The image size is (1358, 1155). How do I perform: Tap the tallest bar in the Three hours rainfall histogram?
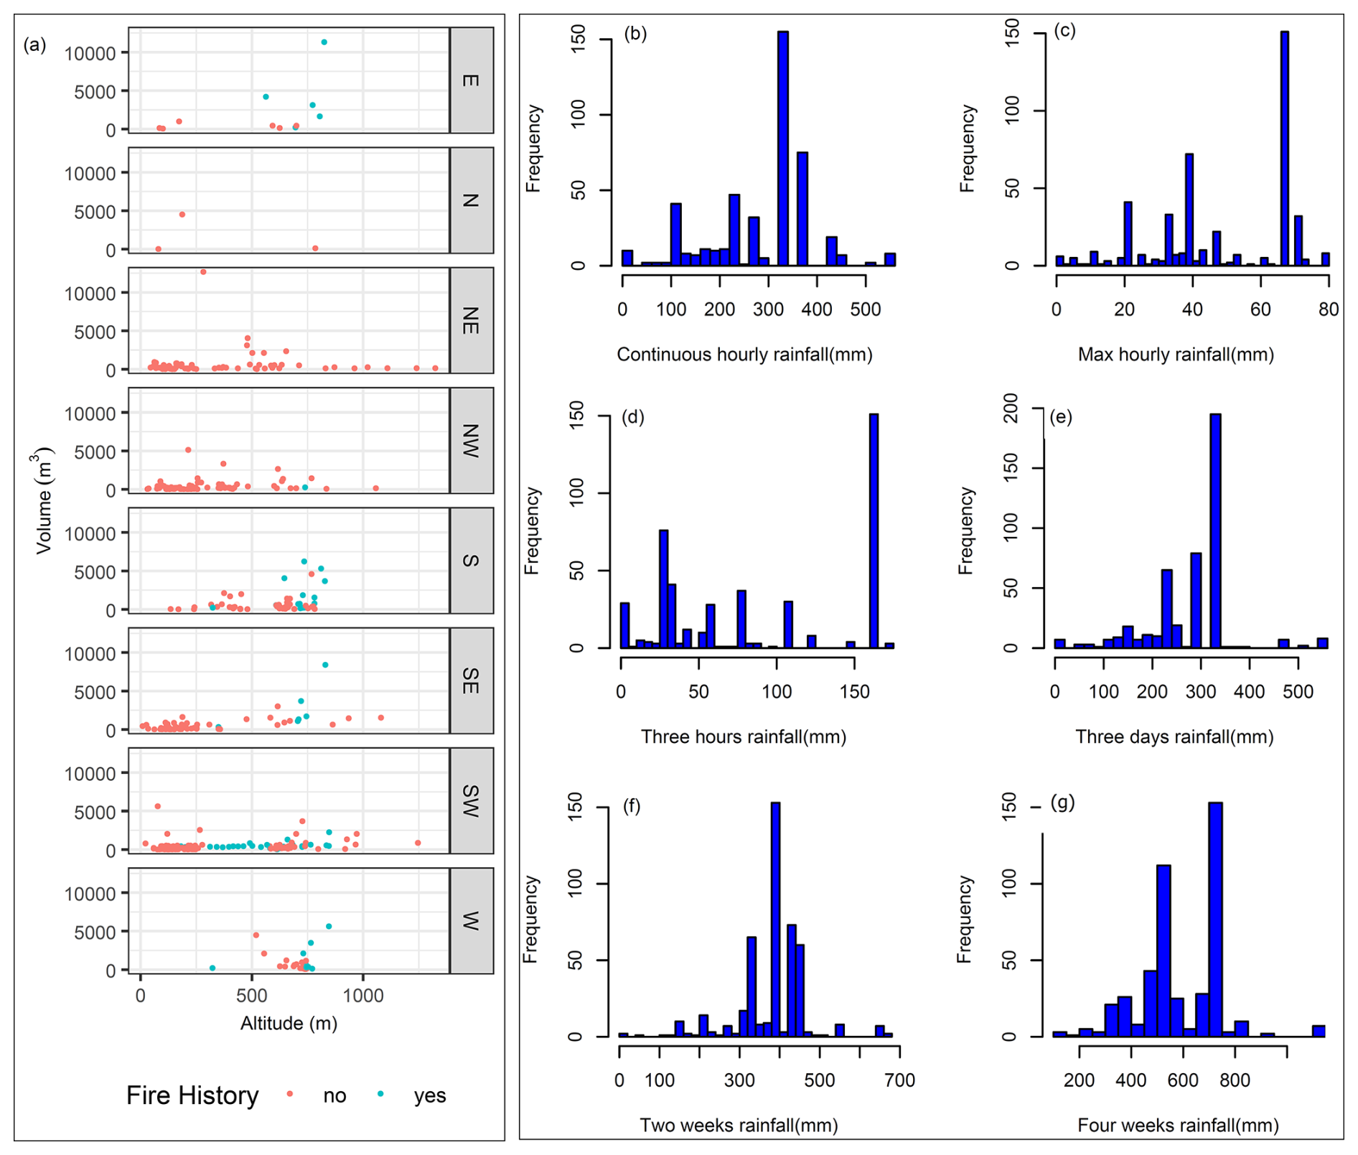[x=874, y=531]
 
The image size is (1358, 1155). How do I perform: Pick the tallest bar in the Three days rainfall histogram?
[x=1215, y=531]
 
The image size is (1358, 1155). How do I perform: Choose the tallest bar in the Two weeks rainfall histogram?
[x=775, y=920]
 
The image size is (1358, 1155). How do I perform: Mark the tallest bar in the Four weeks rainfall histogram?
[x=1215, y=920]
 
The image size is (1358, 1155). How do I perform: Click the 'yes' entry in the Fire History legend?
[x=429, y=1095]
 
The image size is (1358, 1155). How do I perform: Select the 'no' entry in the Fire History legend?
[x=334, y=1095]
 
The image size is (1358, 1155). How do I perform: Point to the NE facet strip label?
[x=471, y=320]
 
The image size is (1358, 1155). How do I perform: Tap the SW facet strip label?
[x=471, y=800]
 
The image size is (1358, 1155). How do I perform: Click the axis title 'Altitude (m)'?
[x=289, y=1023]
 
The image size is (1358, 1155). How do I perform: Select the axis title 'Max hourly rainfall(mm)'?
[x=1176, y=355]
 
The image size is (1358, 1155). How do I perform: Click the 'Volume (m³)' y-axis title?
[x=45, y=500]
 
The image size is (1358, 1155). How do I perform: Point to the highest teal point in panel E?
[x=324, y=42]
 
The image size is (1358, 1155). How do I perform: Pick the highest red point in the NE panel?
[x=203, y=272]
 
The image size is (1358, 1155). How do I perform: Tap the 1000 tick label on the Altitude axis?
[x=362, y=996]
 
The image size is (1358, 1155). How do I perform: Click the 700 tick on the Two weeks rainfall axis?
[x=899, y=1080]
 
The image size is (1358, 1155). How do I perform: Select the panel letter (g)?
[x=1062, y=803]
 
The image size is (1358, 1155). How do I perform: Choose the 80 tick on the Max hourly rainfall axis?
[x=1329, y=309]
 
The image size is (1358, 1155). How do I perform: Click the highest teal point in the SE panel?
[x=325, y=665]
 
